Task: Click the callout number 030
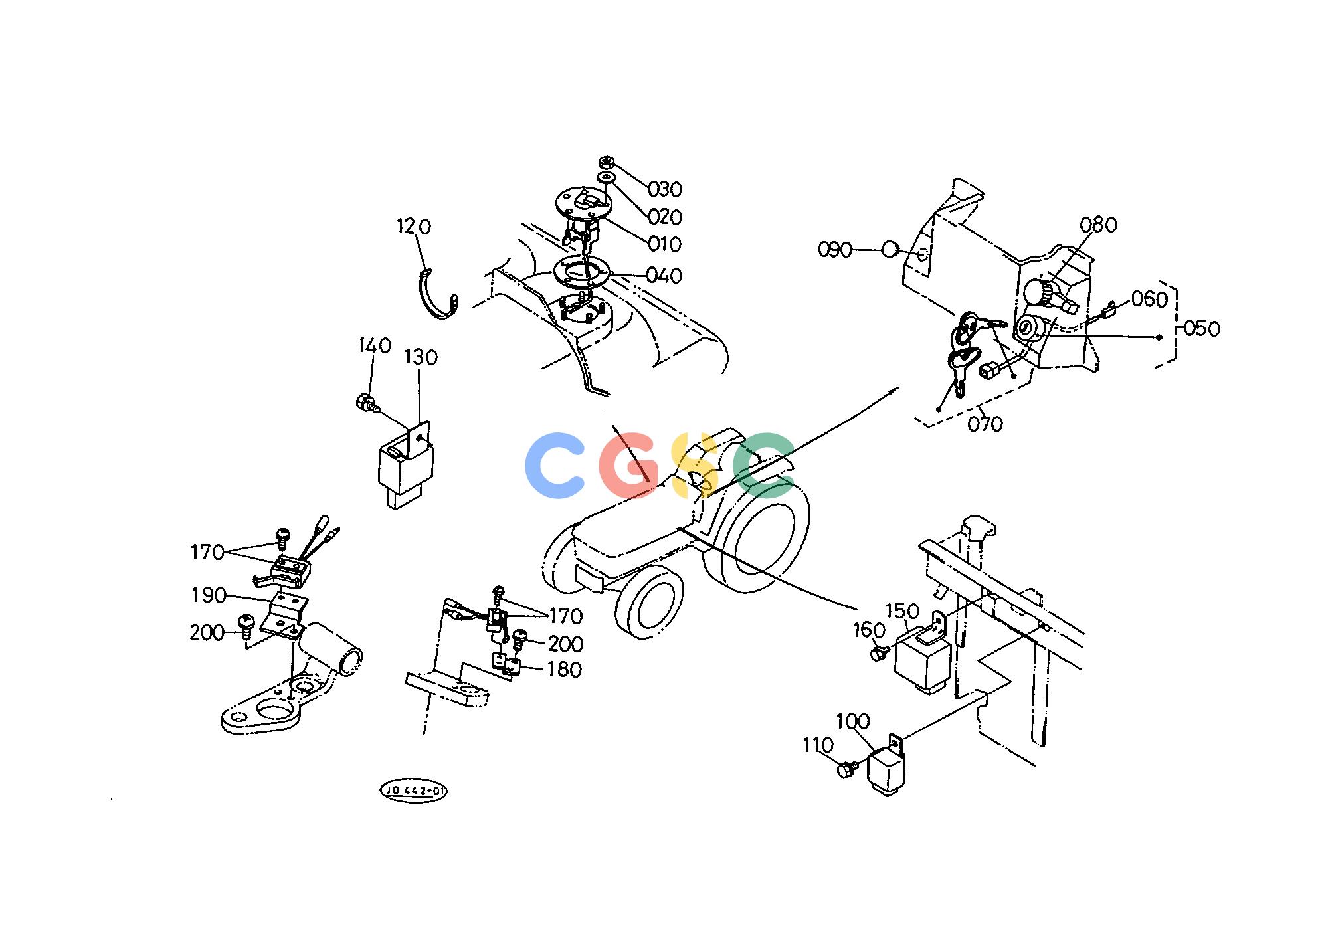coord(665,190)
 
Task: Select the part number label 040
coord(665,276)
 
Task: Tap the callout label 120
coord(414,227)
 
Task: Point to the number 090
coord(834,250)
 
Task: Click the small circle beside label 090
coord(891,250)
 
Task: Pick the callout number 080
coord(1098,225)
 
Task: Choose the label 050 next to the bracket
coord(1203,329)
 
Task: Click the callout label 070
coord(985,424)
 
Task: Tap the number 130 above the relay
coord(421,358)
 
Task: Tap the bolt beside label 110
coord(847,770)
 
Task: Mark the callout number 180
coord(564,670)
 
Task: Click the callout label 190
coord(209,595)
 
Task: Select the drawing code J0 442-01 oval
coord(413,791)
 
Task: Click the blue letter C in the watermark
coord(553,465)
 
